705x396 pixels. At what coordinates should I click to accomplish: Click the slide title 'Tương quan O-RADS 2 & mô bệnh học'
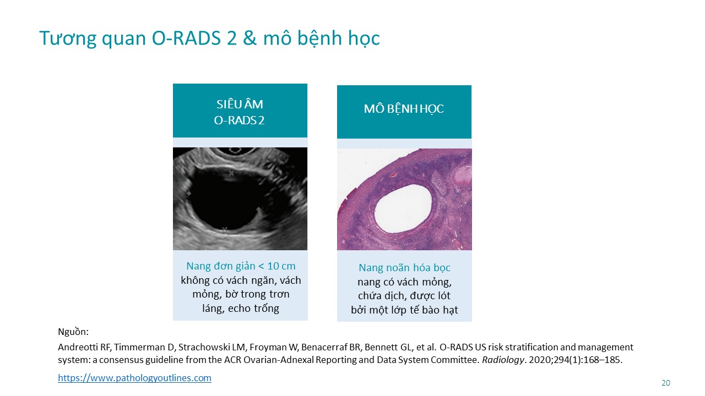(210, 38)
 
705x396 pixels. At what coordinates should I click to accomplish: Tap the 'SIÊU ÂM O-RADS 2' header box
(240, 111)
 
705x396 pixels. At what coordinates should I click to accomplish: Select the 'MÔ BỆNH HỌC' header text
(404, 109)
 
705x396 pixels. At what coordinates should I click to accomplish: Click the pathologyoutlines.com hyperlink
(134, 378)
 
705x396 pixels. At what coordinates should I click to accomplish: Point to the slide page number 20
(666, 383)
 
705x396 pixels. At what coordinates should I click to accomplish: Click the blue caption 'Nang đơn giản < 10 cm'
(241, 266)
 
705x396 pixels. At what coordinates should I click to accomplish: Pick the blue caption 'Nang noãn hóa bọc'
(404, 268)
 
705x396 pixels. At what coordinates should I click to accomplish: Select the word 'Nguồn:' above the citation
(73, 332)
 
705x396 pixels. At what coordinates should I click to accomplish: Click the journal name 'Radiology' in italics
(503, 360)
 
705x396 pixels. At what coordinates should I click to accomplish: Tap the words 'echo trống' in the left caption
(253, 309)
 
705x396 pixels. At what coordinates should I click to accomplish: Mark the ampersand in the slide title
(250, 38)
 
